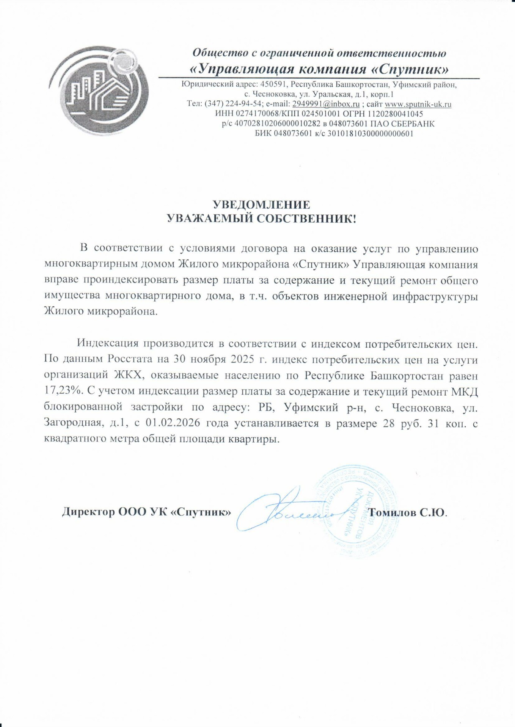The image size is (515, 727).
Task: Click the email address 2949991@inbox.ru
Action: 326,104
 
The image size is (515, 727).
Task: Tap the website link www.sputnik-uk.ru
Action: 418,104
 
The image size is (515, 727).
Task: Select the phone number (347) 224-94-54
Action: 233,104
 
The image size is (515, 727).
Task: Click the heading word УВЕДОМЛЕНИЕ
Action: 261,205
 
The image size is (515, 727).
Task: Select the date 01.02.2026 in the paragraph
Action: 173,423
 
